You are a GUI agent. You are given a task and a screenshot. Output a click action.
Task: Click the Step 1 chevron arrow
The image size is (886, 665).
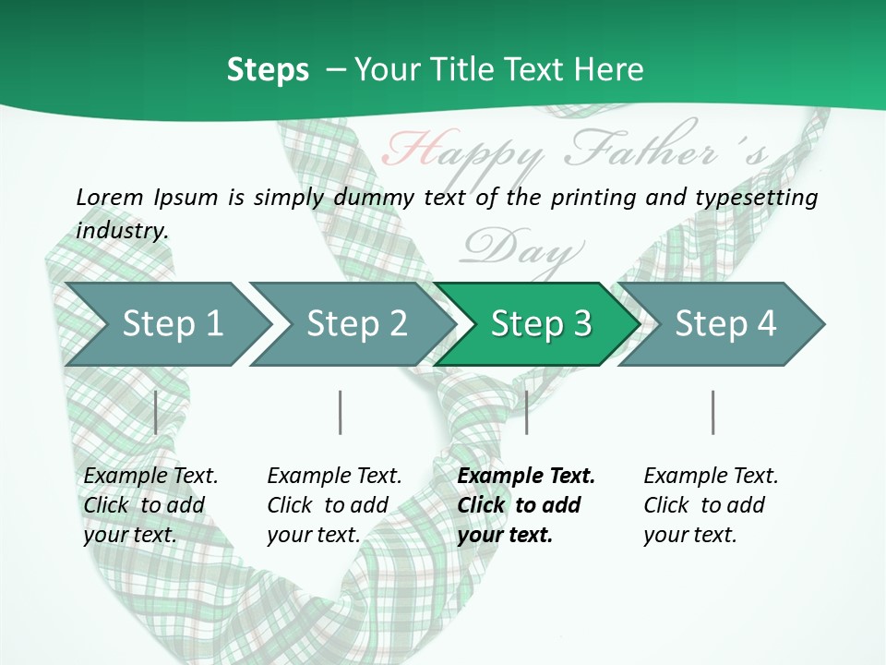tap(166, 324)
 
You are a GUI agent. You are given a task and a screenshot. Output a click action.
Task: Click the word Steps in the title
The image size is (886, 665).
tap(268, 70)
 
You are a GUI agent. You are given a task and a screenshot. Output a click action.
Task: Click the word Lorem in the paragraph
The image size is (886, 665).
tap(109, 198)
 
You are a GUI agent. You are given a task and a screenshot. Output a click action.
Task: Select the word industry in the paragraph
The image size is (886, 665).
tap(122, 231)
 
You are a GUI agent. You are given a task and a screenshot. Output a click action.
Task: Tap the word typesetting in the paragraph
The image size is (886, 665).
tap(756, 198)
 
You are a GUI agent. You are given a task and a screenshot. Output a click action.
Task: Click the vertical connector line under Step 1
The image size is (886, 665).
tap(156, 412)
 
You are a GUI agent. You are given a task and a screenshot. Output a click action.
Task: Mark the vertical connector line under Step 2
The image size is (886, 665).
tap(341, 412)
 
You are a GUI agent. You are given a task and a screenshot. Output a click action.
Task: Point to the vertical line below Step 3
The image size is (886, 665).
tap(526, 412)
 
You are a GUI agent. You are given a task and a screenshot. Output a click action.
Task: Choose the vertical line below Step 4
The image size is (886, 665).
tap(712, 412)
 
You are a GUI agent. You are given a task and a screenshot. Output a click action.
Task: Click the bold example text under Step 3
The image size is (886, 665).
tap(525, 505)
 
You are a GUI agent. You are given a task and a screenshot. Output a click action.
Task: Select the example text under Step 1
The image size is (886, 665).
tap(150, 505)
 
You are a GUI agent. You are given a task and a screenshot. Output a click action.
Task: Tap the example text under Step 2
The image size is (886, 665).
tap(334, 505)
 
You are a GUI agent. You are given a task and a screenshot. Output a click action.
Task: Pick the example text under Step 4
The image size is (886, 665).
tap(711, 505)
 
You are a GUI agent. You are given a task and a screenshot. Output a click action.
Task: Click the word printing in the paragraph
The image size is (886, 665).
tap(592, 198)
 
